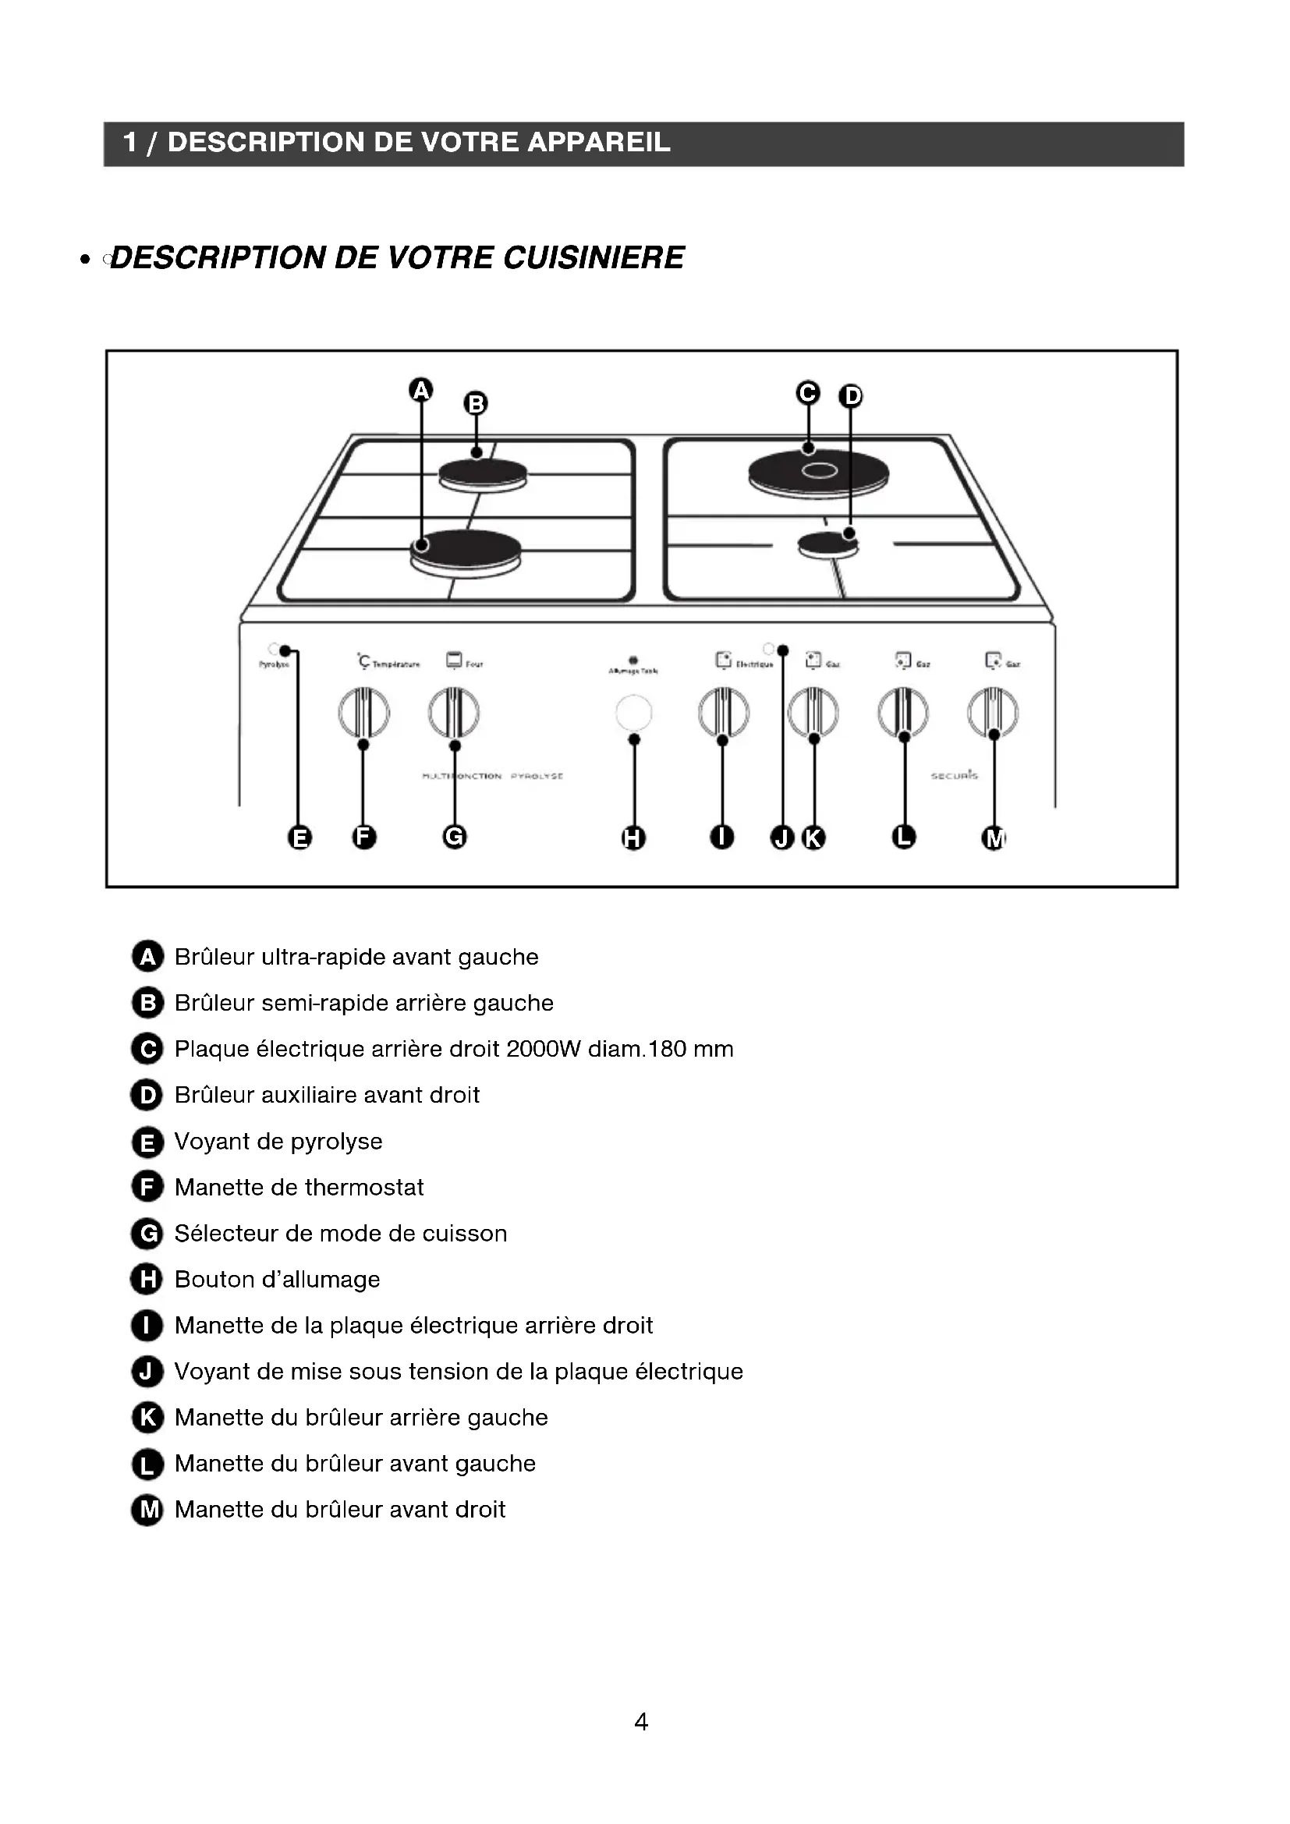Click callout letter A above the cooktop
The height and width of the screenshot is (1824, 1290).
[420, 390]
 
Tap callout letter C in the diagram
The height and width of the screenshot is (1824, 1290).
[807, 392]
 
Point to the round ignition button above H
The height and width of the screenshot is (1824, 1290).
[634, 713]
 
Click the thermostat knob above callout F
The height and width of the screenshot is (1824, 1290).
[363, 712]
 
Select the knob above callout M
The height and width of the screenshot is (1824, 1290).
[992, 712]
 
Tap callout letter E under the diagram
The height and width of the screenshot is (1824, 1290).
[299, 838]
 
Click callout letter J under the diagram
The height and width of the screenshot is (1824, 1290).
[782, 838]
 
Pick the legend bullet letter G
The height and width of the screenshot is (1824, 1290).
[147, 1234]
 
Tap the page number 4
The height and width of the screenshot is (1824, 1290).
[641, 1722]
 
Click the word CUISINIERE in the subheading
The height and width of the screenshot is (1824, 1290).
[594, 257]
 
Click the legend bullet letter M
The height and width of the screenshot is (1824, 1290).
[147, 1511]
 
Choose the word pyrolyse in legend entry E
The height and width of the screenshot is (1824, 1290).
[336, 1142]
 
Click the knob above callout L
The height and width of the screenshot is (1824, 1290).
[902, 712]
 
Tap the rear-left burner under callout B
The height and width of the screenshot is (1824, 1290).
[482, 474]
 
